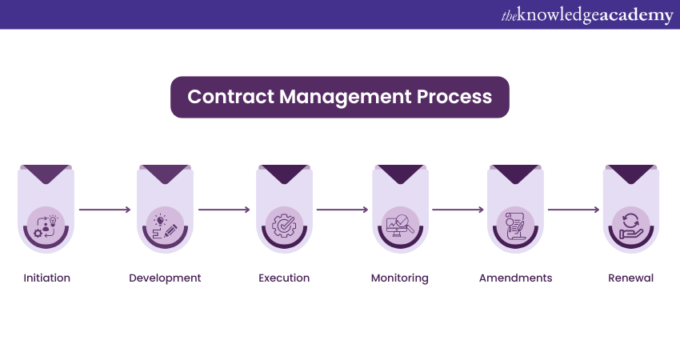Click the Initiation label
pyautogui.click(x=46, y=278)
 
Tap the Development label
pyautogui.click(x=165, y=278)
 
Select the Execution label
pyautogui.click(x=284, y=278)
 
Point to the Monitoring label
pyautogui.click(x=400, y=278)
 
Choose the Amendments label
pyautogui.click(x=515, y=278)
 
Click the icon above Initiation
pyautogui.click(x=46, y=225)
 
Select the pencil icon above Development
pyautogui.click(x=165, y=225)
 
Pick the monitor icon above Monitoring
pyautogui.click(x=400, y=225)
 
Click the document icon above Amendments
pyautogui.click(x=515, y=225)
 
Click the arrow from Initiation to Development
pyautogui.click(x=106, y=210)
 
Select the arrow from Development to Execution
pyautogui.click(x=224, y=210)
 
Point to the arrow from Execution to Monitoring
pyautogui.click(x=342, y=210)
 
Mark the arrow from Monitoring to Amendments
pyautogui.click(x=458, y=210)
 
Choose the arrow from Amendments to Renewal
pyautogui.click(x=573, y=210)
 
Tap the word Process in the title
pyautogui.click(x=455, y=98)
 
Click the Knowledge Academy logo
pyautogui.click(x=587, y=15)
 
